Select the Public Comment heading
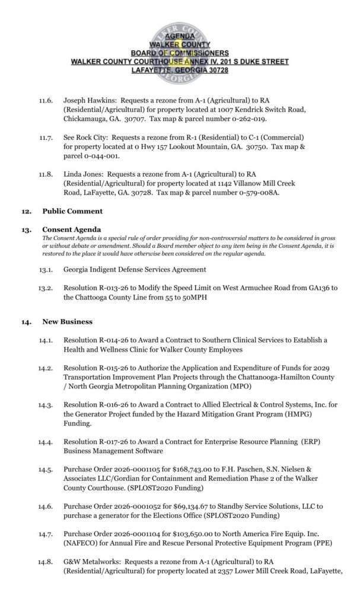click(72, 211)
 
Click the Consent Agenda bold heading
click(72, 229)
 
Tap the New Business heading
click(67, 321)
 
